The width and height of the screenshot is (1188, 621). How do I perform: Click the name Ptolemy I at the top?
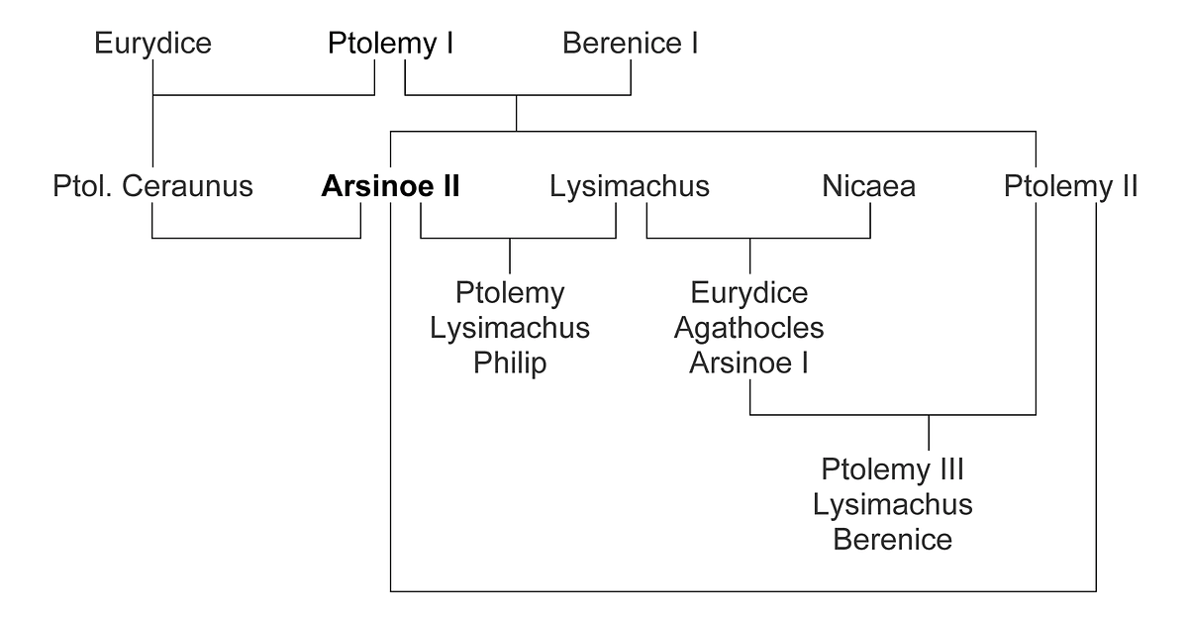click(390, 44)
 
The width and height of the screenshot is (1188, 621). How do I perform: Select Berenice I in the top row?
click(630, 43)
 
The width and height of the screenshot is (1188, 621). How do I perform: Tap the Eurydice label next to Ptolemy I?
click(152, 44)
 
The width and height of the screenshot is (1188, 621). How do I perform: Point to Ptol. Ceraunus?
click(152, 186)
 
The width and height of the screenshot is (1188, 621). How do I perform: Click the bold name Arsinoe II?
click(390, 186)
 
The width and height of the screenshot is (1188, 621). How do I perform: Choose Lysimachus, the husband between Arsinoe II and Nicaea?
click(630, 187)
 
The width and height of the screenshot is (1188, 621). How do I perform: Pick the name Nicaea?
click(869, 186)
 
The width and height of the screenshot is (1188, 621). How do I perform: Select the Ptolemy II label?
click(1071, 187)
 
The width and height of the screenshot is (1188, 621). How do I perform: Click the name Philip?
click(510, 364)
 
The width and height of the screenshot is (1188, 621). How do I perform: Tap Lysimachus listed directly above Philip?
click(510, 329)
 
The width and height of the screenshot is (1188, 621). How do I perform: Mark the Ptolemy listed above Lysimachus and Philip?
click(510, 293)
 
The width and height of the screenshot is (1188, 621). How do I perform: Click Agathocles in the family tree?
click(748, 329)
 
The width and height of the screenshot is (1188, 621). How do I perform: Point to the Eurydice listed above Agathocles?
click(748, 293)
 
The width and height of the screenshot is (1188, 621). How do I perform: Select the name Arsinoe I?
click(748, 363)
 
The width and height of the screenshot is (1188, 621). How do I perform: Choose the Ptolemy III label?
click(893, 470)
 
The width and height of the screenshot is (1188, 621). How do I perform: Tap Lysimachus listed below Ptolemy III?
click(893, 505)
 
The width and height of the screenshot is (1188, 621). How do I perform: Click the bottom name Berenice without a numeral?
click(893, 540)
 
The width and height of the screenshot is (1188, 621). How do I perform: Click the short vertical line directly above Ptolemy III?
click(929, 433)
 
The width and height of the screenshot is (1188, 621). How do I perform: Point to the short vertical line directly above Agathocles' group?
click(750, 256)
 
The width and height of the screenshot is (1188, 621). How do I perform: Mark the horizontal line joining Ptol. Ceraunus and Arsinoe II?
click(256, 238)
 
